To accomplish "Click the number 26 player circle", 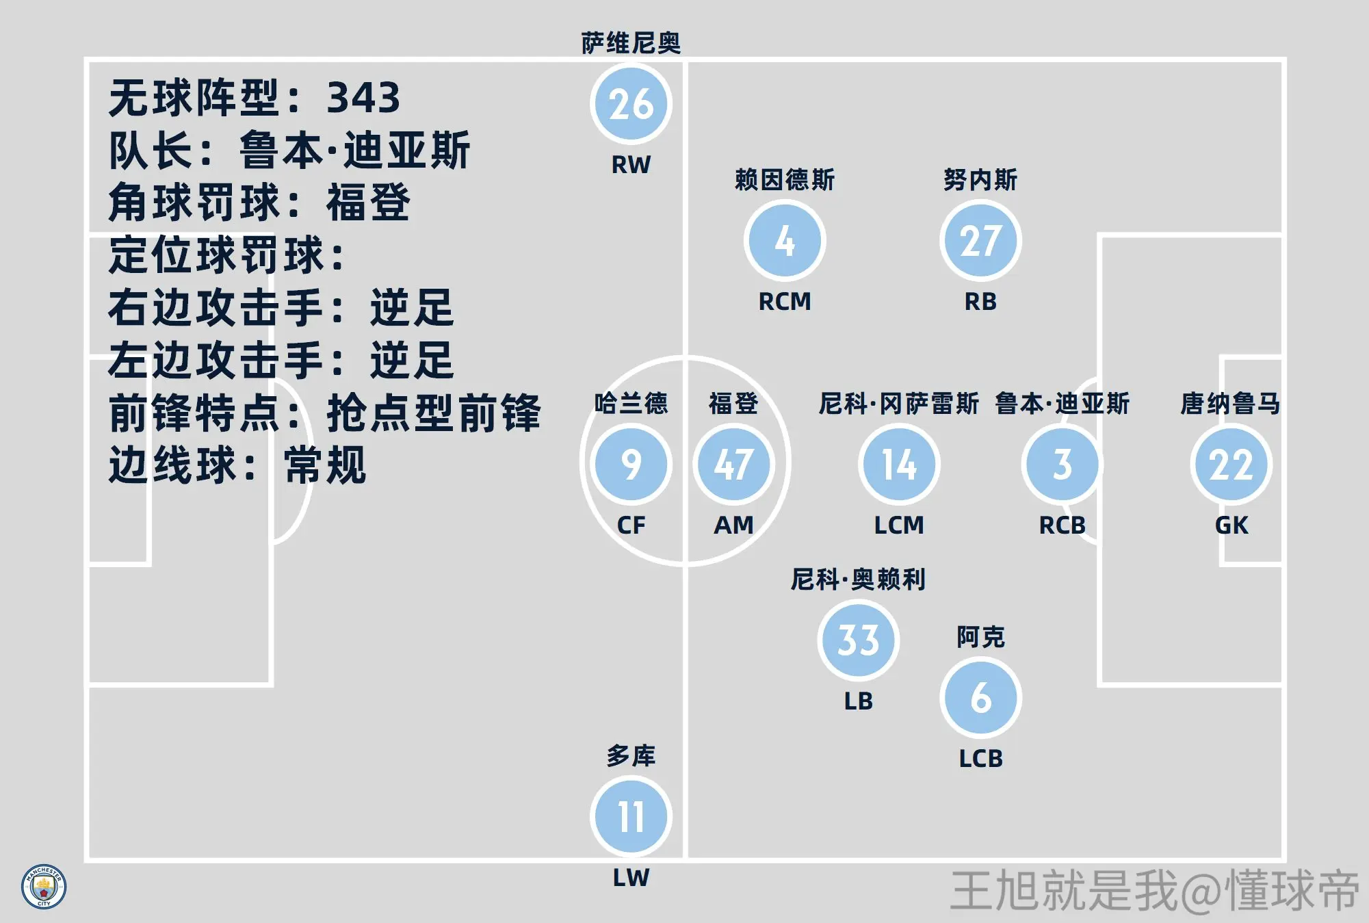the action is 631,104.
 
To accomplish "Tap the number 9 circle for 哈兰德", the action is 631,465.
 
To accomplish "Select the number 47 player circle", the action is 733,465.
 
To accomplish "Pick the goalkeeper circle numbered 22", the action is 1231,465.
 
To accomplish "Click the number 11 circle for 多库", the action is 631,817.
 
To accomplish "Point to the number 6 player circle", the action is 980,698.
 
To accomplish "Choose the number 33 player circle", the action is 858,640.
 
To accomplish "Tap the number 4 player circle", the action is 785,241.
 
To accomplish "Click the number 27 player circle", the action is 980,241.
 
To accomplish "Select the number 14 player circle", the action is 899,465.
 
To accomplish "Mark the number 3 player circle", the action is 1062,465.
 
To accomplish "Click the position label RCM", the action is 785,302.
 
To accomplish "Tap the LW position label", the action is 631,878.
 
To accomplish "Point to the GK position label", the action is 1231,525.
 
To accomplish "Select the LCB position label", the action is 980,759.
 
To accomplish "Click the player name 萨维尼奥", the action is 631,43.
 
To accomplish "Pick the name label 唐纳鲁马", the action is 1230,404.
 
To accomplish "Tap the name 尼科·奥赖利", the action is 858,580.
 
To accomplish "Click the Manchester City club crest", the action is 44,887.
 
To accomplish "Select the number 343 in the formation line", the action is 363,98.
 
